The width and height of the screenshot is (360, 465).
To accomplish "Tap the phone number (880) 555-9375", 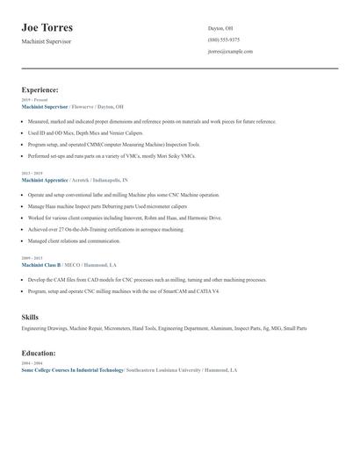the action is tap(224, 39).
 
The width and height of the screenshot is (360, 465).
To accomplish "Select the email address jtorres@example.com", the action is tap(230, 51).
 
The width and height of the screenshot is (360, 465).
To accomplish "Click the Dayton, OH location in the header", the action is tap(220, 28).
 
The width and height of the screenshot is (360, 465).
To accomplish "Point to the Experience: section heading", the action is tap(40, 89).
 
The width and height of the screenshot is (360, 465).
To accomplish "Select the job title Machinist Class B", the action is tap(40, 264).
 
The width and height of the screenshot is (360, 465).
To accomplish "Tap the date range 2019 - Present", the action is tap(35, 100).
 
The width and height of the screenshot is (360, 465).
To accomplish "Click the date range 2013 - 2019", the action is tap(32, 173).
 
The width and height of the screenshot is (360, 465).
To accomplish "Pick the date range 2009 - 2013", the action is tap(32, 258).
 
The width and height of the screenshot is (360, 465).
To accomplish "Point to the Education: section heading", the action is tap(39, 353).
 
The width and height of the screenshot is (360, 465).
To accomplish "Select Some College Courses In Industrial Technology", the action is tap(72, 370).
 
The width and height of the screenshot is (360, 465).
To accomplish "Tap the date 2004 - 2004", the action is tap(32, 363).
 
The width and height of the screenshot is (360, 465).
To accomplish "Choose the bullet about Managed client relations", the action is tap(74, 240).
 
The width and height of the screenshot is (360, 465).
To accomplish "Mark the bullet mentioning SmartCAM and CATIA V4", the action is tap(123, 290).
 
